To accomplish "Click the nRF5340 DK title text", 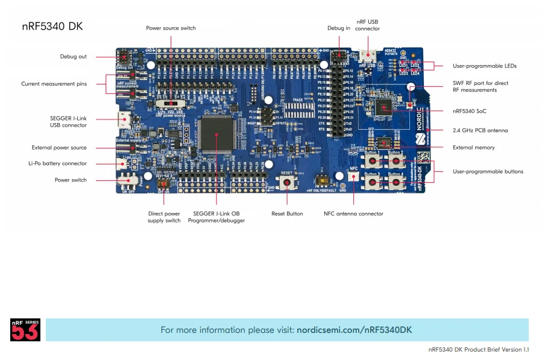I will point(52,26).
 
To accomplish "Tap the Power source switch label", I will point(171,28).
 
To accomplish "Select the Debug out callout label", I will point(73,57).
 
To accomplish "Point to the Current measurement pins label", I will point(54,84).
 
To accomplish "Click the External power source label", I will point(59,148).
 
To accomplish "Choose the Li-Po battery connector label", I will point(57,163).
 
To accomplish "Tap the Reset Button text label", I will point(287,213).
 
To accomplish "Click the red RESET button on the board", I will point(287,183).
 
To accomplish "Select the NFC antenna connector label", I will point(353,213).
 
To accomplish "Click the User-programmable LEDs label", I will point(484,66).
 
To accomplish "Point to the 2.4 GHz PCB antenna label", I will point(480,130).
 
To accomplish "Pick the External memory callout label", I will point(473,148).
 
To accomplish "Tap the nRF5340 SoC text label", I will point(469,111).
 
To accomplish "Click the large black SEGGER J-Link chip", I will point(216,134).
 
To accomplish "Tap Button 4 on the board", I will point(395,182).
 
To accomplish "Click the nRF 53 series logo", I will point(25,330).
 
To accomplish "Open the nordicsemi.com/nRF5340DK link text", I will point(355,330).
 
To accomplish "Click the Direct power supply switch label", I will point(164,217).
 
